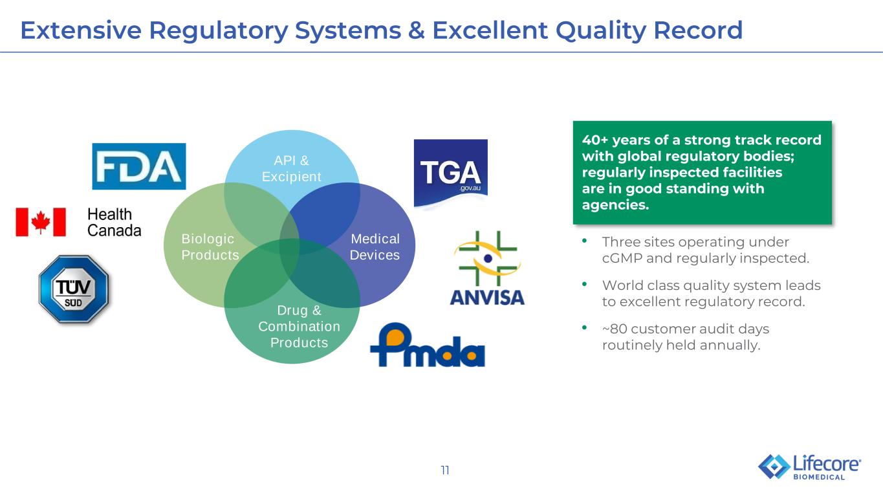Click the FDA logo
(138, 166)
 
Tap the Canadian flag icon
(41, 222)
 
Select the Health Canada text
(114, 223)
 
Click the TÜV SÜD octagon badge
(74, 289)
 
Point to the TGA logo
(451, 173)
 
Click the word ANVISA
(487, 298)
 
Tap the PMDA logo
(428, 345)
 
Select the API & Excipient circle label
(292, 168)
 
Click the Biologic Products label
(210, 247)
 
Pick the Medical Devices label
(375, 247)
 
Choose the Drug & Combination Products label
(300, 327)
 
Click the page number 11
(445, 470)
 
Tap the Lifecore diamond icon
(774, 467)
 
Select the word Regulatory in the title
(219, 31)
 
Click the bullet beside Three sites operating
(585, 241)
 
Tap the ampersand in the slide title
(417, 30)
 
